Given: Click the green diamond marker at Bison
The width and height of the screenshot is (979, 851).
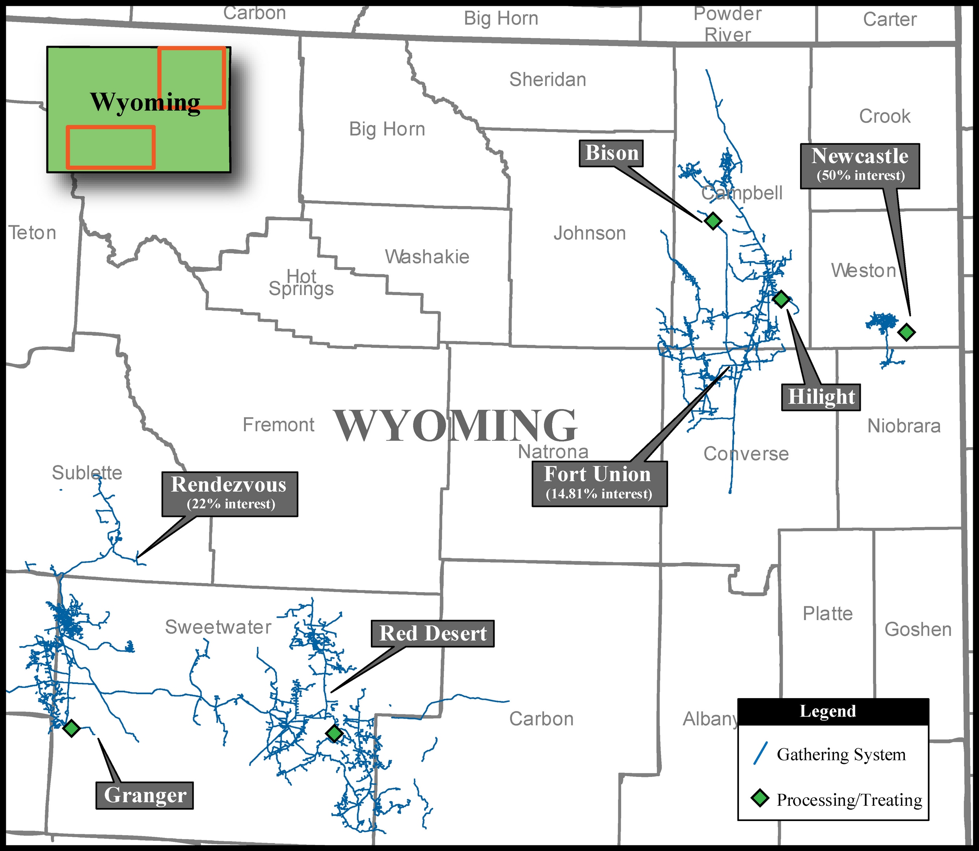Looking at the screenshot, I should tap(713, 220).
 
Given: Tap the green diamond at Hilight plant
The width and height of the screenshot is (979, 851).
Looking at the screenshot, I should tap(781, 299).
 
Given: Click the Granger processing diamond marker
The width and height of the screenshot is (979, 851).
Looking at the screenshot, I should tap(71, 728).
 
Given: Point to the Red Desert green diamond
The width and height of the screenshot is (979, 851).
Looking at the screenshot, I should tap(334, 733).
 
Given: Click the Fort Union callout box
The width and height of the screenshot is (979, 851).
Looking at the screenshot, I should tap(599, 483).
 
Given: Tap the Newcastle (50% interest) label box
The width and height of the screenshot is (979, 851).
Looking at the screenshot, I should tap(860, 166).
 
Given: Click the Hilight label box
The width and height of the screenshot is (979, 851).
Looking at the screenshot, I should tap(821, 396).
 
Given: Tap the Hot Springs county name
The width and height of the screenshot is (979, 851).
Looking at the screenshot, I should tap(301, 282).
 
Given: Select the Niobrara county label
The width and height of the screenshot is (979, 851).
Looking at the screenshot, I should tap(903, 426).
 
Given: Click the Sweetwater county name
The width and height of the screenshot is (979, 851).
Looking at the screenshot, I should tap(218, 627).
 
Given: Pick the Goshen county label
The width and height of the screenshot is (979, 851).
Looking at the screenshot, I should tap(918, 629).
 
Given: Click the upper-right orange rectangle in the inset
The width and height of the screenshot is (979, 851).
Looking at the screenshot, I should tap(192, 77).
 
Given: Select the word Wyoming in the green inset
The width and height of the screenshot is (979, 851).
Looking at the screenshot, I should tap(145, 102).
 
